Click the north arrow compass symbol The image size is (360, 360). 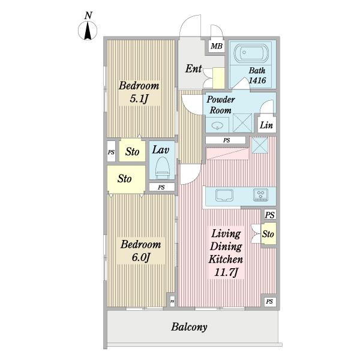pyautogui.click(x=88, y=31)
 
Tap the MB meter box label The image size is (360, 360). pyautogui.click(x=217, y=46)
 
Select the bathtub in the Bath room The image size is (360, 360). pyautogui.click(x=251, y=53)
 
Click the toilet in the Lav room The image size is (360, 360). pyautogui.click(x=163, y=168)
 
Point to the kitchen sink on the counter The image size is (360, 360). pyautogui.click(x=224, y=195)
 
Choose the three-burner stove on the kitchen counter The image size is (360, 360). pyautogui.click(x=260, y=194)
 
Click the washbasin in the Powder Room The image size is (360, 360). pyautogui.click(x=217, y=125)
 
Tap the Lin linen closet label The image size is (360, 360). pyautogui.click(x=266, y=125)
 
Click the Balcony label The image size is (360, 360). pyautogui.click(x=189, y=327)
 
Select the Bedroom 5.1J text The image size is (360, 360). pyautogui.click(x=139, y=92)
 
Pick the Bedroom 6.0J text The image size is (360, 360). pyautogui.click(x=141, y=251)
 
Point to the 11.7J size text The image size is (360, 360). pyautogui.click(x=226, y=272)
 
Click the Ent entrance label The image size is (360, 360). pyautogui.click(x=194, y=68)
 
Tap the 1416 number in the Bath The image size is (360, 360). pyautogui.click(x=257, y=80)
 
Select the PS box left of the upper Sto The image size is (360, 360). pyautogui.click(x=111, y=151)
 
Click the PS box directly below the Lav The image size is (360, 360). pyautogui.click(x=161, y=187)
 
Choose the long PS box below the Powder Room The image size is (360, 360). pyautogui.click(x=226, y=140)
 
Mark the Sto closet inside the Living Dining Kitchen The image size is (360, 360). pyautogui.click(x=268, y=234)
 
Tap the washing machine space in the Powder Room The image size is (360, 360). pyautogui.click(x=242, y=123)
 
